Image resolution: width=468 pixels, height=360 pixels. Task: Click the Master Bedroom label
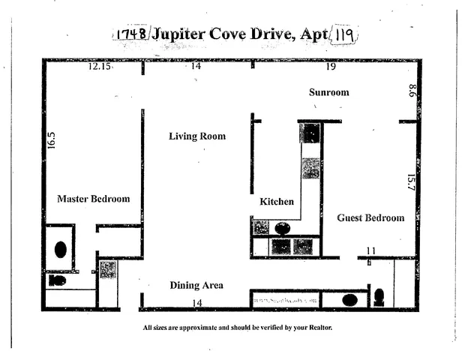pyautogui.click(x=94, y=199)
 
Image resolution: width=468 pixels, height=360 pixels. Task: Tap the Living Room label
pyautogui.click(x=196, y=136)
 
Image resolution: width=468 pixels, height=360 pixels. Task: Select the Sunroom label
pyautogui.click(x=329, y=92)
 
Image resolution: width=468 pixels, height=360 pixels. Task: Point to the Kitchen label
pyautogui.click(x=277, y=202)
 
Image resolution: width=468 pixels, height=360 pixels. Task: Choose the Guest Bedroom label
pyautogui.click(x=370, y=217)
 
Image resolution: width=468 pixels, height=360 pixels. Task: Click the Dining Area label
pyautogui.click(x=196, y=285)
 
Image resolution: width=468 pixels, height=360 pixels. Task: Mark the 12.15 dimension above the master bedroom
pyautogui.click(x=99, y=67)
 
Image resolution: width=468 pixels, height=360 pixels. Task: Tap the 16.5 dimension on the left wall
pyautogui.click(x=52, y=141)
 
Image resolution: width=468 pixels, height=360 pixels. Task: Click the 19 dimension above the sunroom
pyautogui.click(x=331, y=67)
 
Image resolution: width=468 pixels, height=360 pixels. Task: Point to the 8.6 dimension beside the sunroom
pyautogui.click(x=412, y=91)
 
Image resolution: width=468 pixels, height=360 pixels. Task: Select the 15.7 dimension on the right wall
pyautogui.click(x=410, y=182)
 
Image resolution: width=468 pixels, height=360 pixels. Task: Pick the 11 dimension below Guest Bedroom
pyautogui.click(x=370, y=250)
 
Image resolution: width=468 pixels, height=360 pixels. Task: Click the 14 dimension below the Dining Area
pyautogui.click(x=198, y=302)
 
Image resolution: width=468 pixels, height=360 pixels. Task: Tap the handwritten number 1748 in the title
pyautogui.click(x=130, y=34)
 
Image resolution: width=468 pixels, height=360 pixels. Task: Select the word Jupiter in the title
pyautogui.click(x=185, y=35)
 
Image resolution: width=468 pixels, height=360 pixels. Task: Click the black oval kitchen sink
pyautogui.click(x=283, y=229)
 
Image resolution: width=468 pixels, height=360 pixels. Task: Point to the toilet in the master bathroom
pyautogui.click(x=56, y=280)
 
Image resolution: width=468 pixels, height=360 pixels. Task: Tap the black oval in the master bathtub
pyautogui.click(x=60, y=249)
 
